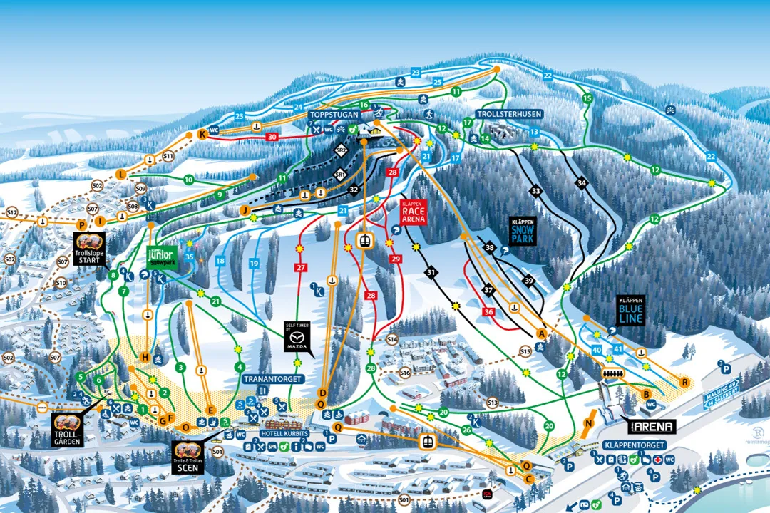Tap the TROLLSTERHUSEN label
coord(509,114)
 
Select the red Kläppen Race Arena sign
coord(414,212)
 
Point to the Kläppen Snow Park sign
coord(523,232)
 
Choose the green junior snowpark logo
coord(161,256)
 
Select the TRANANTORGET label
coord(272,379)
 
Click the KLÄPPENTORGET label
coord(634,445)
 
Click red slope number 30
coord(271,137)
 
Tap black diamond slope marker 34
coord(582,183)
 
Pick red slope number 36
coord(488,311)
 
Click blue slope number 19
coord(254,264)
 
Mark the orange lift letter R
coord(685,383)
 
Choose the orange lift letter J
coord(244,210)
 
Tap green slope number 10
coord(188,180)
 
